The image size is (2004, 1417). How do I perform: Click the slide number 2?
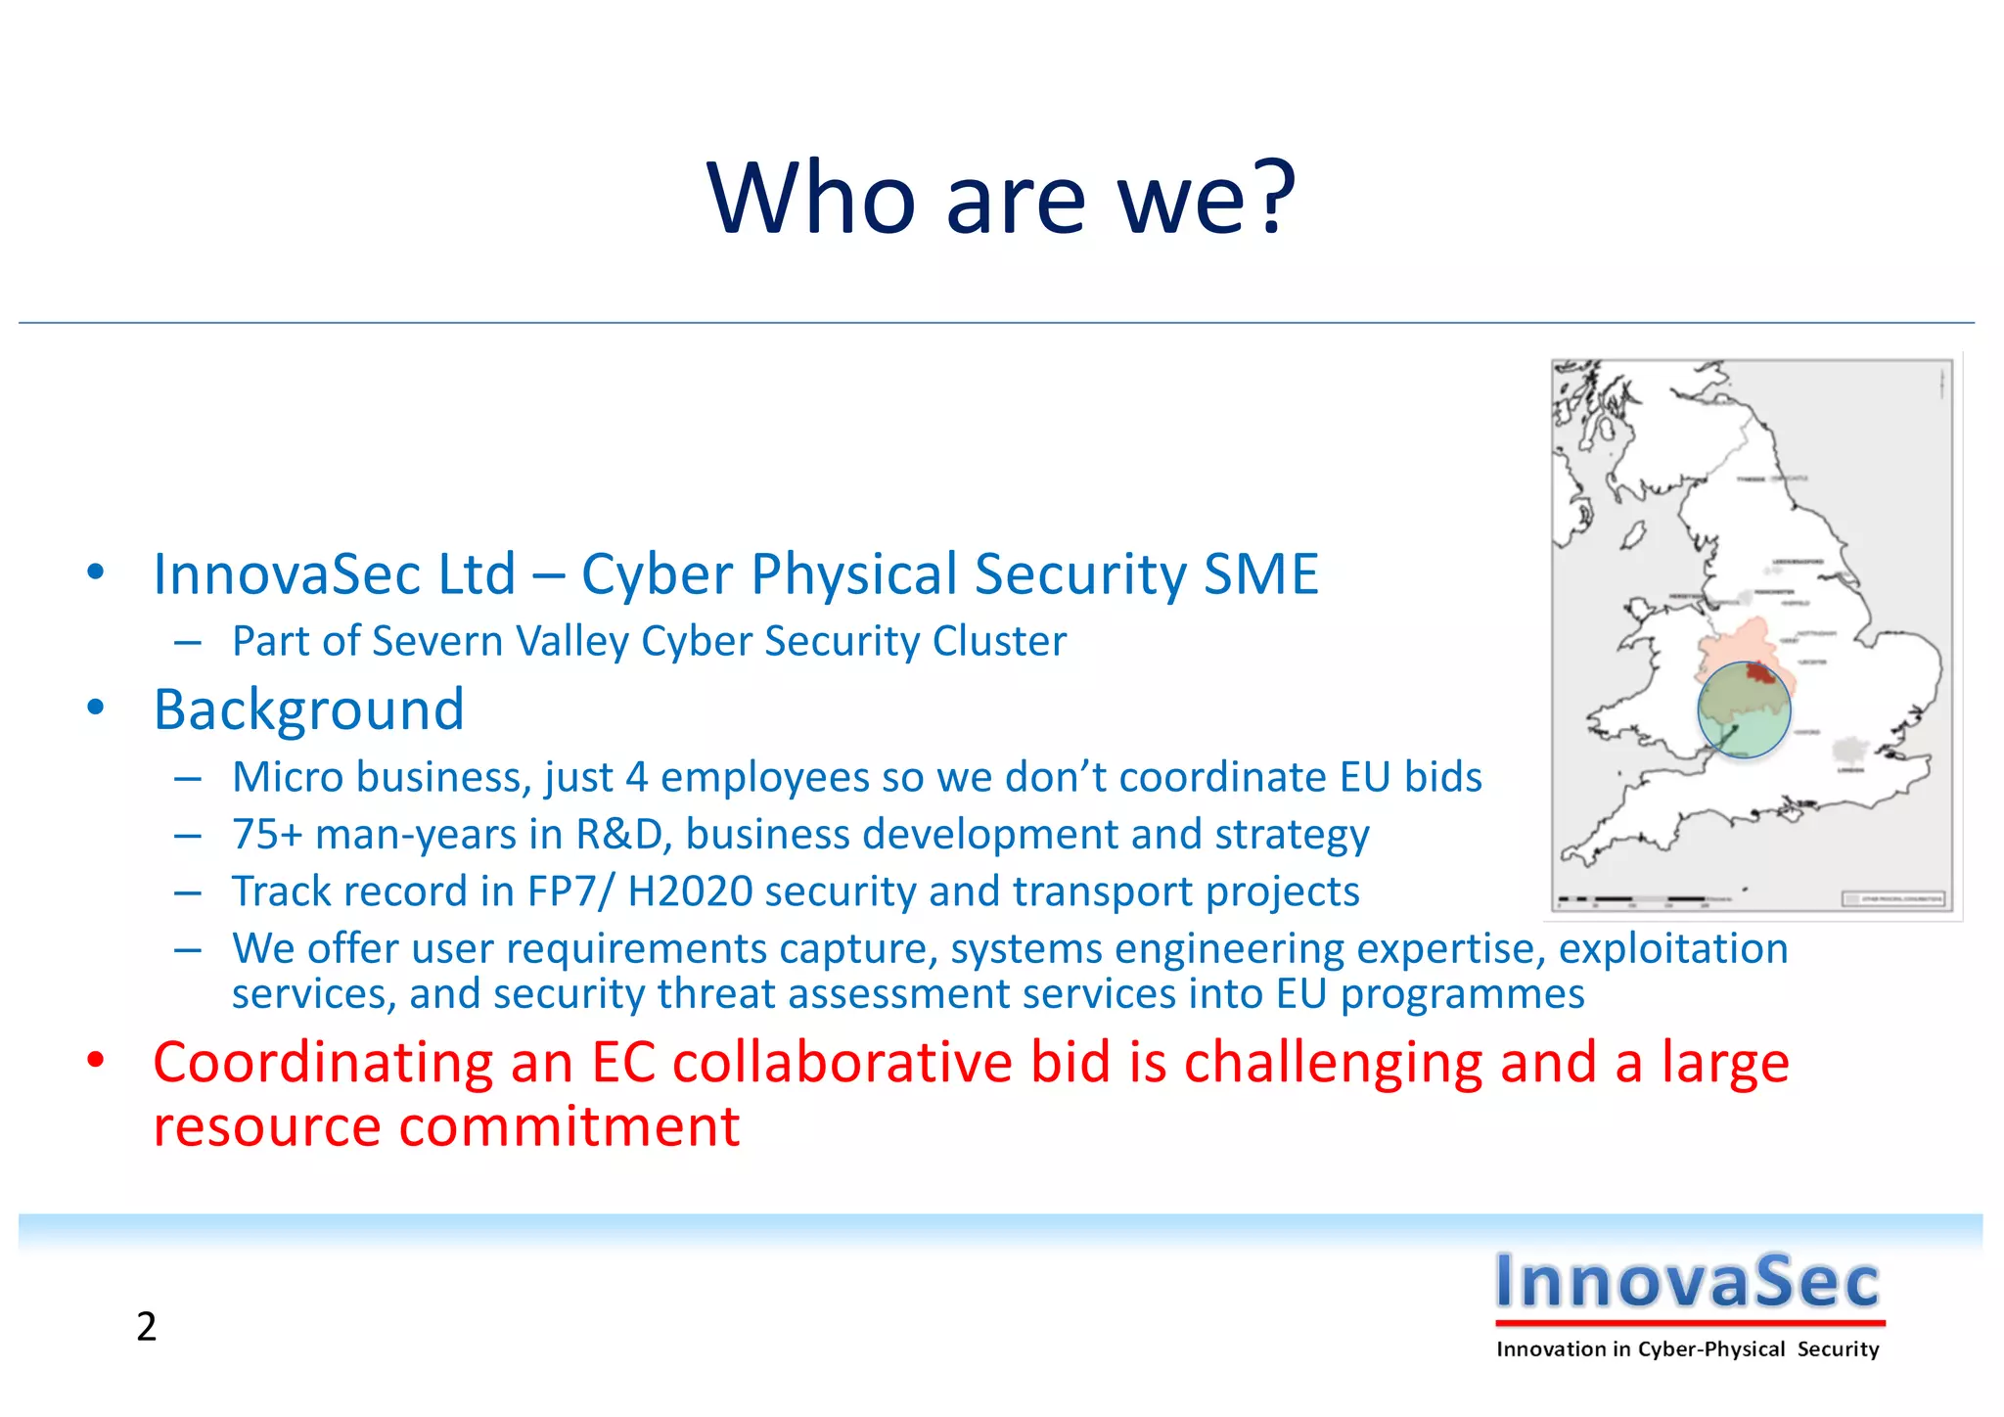[146, 1327]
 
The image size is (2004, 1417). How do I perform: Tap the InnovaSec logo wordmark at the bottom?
[1687, 1281]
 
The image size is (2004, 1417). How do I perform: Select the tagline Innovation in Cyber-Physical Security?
[1687, 1349]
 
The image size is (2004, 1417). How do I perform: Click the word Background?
[308, 709]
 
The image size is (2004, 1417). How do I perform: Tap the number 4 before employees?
[637, 777]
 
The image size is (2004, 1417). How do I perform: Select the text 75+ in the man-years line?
[266, 835]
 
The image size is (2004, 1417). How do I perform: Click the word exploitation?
[1672, 948]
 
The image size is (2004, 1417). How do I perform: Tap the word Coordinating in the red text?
[323, 1063]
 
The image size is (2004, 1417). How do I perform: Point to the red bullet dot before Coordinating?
[95, 1060]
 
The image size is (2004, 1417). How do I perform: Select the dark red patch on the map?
[1760, 673]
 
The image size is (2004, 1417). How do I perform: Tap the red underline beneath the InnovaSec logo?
[1689, 1322]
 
